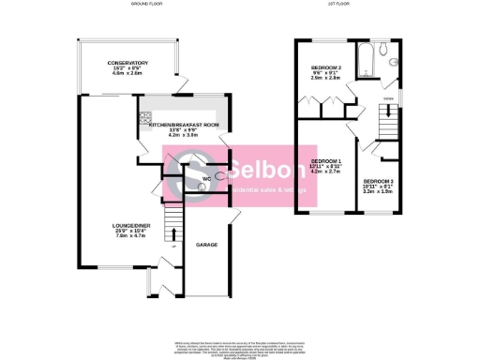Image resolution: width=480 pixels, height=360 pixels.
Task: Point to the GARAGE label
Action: coord(206,245)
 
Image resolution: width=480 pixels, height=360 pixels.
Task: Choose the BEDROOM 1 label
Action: coord(327,160)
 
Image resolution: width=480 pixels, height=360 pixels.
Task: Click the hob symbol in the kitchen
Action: coord(144,118)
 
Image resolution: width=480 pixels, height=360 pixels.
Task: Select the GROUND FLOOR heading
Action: coord(144,6)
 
